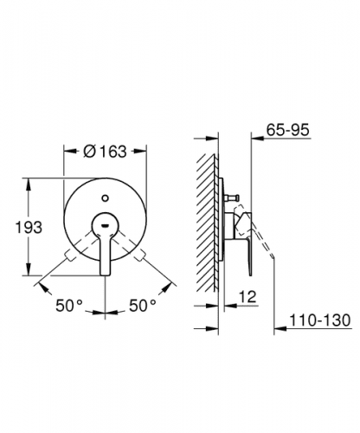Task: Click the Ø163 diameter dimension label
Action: [x=105, y=152]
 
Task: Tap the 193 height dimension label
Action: [x=29, y=227]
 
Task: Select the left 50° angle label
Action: [x=69, y=306]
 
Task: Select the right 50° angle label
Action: [x=143, y=306]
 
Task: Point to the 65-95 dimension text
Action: [x=287, y=130]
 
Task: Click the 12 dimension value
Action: [x=247, y=296]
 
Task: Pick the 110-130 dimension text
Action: [x=320, y=320]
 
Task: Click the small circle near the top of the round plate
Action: [x=106, y=198]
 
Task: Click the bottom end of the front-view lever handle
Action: [x=105, y=275]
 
